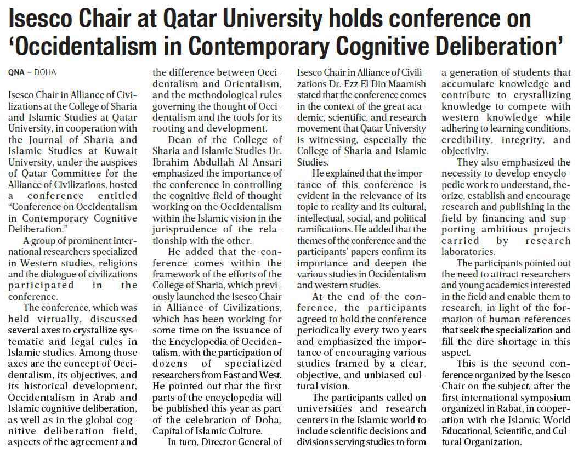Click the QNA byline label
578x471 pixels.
click(16, 72)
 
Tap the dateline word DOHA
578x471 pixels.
click(45, 72)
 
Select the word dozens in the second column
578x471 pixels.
click(169, 364)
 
